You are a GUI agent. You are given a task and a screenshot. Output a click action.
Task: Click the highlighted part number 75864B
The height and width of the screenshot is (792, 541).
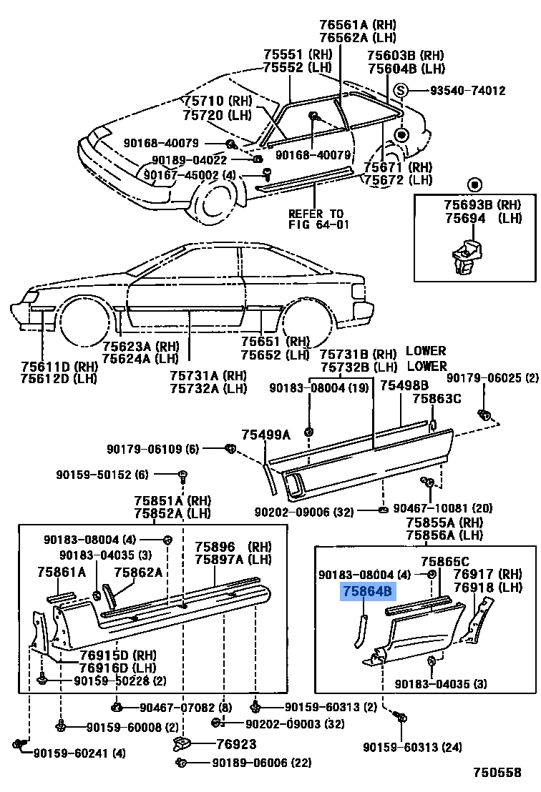click(368, 591)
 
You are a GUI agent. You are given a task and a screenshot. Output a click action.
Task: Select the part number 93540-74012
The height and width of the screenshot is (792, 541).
click(467, 91)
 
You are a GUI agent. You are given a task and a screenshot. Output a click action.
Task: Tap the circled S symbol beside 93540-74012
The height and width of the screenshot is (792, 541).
click(402, 91)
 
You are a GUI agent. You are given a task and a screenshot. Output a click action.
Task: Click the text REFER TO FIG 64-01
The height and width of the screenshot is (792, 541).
click(316, 219)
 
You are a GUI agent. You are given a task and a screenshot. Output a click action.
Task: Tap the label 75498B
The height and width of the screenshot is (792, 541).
click(404, 386)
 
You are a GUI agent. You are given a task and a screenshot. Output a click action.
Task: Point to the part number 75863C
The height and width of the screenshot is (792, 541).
click(437, 399)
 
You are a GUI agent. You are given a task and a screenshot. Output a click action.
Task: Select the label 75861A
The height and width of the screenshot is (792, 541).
click(62, 571)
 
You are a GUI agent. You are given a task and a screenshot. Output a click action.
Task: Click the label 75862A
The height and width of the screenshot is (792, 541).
click(137, 571)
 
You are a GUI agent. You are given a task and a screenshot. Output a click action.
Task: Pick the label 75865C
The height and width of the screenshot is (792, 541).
click(445, 561)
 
